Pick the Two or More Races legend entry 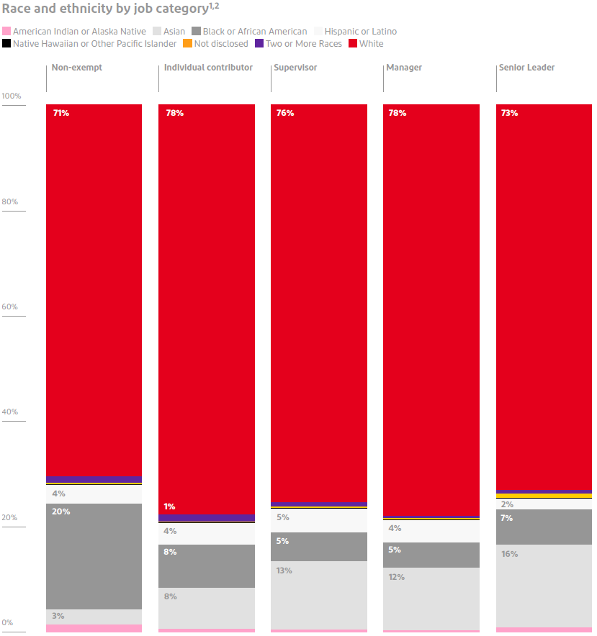(x=300, y=44)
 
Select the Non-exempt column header (x=77, y=68)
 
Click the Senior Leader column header (x=526, y=68)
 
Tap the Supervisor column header (x=295, y=68)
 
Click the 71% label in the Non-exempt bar (x=61, y=113)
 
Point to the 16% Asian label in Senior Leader (x=509, y=554)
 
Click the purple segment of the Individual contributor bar (x=207, y=518)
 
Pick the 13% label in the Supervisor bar (x=284, y=571)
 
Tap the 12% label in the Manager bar (x=396, y=577)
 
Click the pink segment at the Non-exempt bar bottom (x=94, y=628)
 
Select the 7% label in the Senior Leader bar (x=506, y=518)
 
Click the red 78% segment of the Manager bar (x=431, y=309)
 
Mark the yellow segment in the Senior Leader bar (x=544, y=496)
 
